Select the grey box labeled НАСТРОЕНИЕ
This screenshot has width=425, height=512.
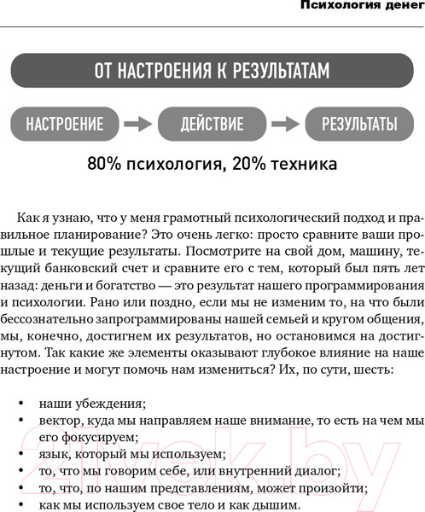coord(65,124)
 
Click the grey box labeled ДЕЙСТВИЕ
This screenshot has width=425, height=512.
coord(212,124)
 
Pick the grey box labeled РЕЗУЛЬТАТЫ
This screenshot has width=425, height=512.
coord(359,124)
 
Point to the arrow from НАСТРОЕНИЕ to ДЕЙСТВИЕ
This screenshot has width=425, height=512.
coord(139,124)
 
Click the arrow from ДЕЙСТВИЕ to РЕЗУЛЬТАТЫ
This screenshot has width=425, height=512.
coord(287,124)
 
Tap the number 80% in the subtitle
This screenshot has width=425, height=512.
coord(103,164)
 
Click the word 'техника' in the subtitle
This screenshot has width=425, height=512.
coord(306,164)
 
